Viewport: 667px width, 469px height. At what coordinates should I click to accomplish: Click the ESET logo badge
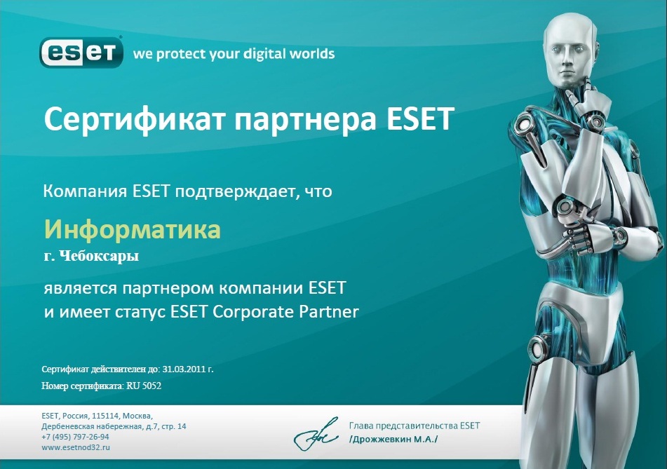[81, 53]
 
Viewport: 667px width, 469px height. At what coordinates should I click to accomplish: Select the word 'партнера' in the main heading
[305, 119]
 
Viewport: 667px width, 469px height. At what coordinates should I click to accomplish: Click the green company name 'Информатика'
[133, 229]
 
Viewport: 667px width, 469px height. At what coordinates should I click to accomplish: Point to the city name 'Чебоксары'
[99, 257]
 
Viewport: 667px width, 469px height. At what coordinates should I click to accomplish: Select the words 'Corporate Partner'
[285, 312]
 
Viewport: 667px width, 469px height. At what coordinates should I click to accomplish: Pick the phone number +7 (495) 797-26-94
[75, 437]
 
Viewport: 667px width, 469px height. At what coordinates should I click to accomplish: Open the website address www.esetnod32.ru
[76, 447]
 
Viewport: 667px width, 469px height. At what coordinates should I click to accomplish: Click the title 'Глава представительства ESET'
[415, 426]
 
